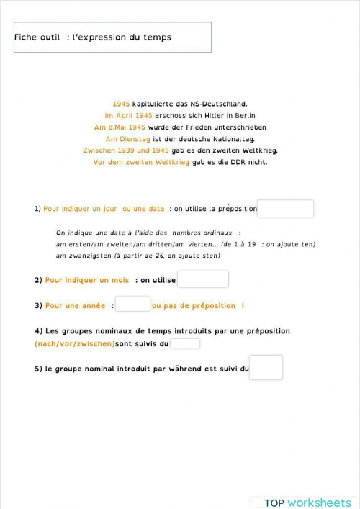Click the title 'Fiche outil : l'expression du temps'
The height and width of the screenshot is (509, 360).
(93, 37)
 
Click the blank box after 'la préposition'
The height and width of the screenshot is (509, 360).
(285, 209)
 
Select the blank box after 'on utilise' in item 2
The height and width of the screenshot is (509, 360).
(202, 279)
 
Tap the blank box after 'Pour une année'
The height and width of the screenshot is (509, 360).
(132, 305)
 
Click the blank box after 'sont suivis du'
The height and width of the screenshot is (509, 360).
(184, 344)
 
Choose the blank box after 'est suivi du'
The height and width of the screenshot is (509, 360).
(266, 368)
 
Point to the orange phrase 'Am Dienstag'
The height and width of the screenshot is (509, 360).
(127, 138)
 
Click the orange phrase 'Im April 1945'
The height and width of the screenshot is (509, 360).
(129, 115)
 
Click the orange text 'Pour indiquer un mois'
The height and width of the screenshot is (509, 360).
(87, 279)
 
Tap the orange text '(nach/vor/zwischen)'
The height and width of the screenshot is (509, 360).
(74, 344)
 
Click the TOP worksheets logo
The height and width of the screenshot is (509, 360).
(307, 503)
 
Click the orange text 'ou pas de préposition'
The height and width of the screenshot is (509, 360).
(193, 305)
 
